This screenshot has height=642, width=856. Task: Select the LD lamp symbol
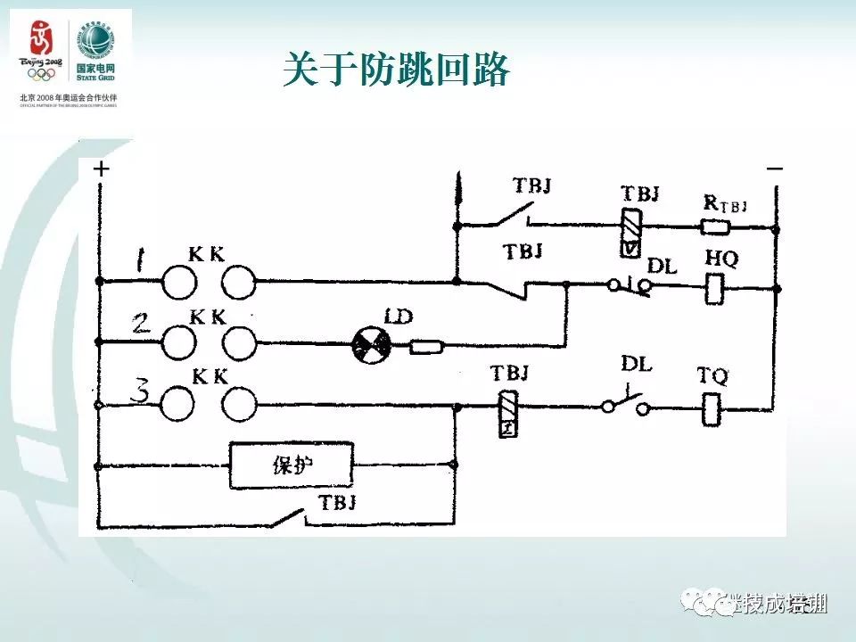tap(367, 343)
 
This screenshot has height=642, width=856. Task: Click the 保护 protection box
tap(293, 465)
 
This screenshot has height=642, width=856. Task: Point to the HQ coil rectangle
tap(713, 288)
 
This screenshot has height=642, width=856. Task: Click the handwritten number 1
tap(141, 261)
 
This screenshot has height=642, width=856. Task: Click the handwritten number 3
tap(141, 389)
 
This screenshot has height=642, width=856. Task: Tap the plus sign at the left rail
tap(103, 169)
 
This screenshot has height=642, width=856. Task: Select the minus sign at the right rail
tap(775, 168)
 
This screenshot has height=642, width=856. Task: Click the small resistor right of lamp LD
tap(426, 346)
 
